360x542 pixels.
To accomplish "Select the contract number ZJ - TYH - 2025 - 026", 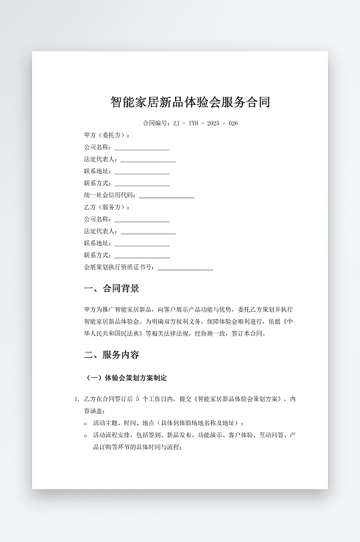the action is [x=206, y=123].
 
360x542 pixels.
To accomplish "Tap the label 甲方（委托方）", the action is [x=107, y=135].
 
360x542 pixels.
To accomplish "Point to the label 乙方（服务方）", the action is [x=107, y=208].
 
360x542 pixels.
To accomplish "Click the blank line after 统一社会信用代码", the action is [x=166, y=196].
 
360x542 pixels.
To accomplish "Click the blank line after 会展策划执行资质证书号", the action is [x=185, y=268].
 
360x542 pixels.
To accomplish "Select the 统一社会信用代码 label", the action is [x=110, y=196].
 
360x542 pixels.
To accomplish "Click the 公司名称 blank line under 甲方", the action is [x=142, y=148].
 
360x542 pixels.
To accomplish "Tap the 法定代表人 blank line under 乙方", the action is [x=148, y=232].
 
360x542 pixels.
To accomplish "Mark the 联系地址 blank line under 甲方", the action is [x=142, y=172].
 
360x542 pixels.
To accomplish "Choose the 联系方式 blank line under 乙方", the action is [x=142, y=256].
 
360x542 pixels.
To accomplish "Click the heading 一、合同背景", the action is [x=112, y=288].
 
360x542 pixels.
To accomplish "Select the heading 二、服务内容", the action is [x=112, y=354].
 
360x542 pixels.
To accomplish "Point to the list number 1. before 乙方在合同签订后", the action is [x=77, y=400].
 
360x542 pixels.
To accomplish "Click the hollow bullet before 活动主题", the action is [x=85, y=423].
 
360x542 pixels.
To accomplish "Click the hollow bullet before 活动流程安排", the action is [x=85, y=435].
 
